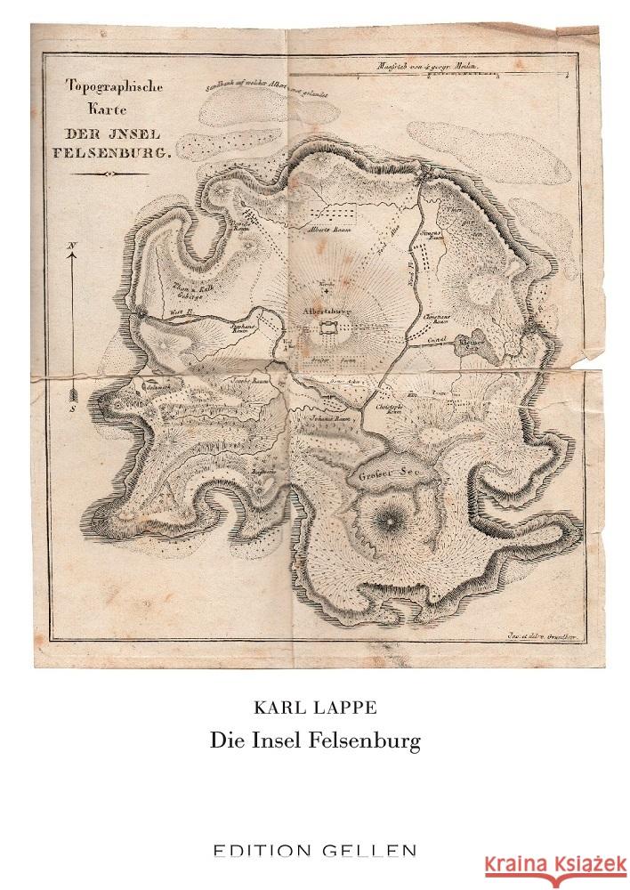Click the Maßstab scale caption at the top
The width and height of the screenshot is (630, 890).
[x=438, y=68]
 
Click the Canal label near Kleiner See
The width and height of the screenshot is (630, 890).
[x=435, y=339]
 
